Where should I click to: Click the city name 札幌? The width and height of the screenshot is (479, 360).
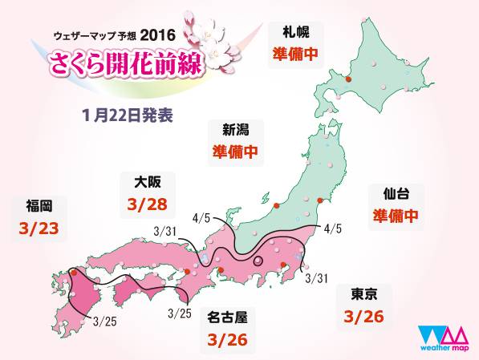click(291, 35)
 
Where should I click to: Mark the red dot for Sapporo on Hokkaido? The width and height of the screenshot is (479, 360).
click(347, 79)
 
